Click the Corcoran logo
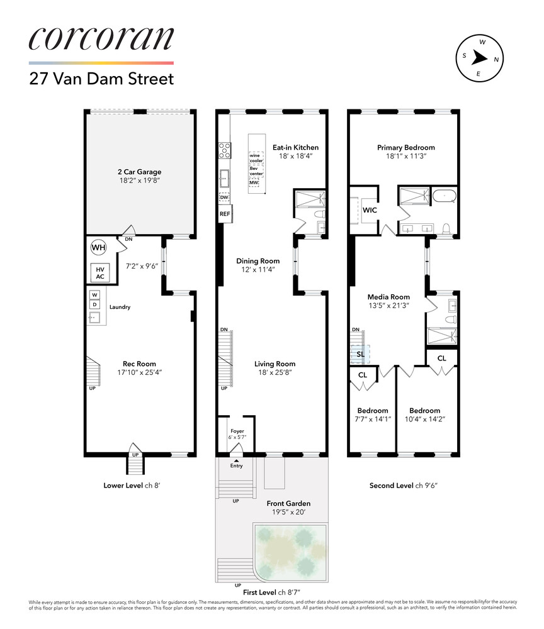(x=101, y=38)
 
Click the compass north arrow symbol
(x=479, y=58)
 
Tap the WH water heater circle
(x=98, y=247)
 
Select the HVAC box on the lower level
(x=100, y=273)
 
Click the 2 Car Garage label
(x=139, y=172)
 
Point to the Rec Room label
(x=139, y=364)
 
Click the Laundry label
(x=120, y=307)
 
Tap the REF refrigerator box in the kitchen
(x=225, y=214)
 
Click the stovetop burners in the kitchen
(x=224, y=150)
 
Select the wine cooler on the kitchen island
(x=256, y=158)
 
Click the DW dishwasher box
(x=224, y=198)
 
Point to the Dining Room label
(x=258, y=261)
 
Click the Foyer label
(x=237, y=431)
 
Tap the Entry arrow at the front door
(x=237, y=460)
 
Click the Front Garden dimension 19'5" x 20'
(x=288, y=512)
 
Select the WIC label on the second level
(x=370, y=210)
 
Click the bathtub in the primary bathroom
(x=444, y=196)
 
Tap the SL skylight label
(x=361, y=354)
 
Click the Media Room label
(x=388, y=297)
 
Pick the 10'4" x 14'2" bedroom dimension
(x=425, y=419)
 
